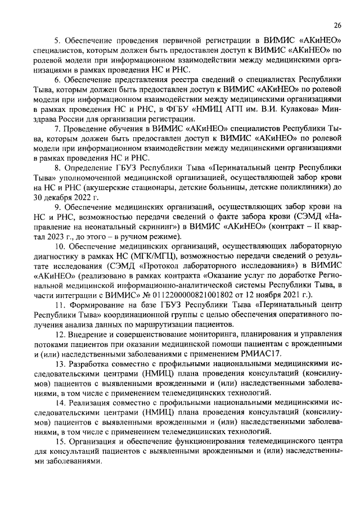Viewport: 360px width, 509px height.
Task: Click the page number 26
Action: [x=337, y=25]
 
